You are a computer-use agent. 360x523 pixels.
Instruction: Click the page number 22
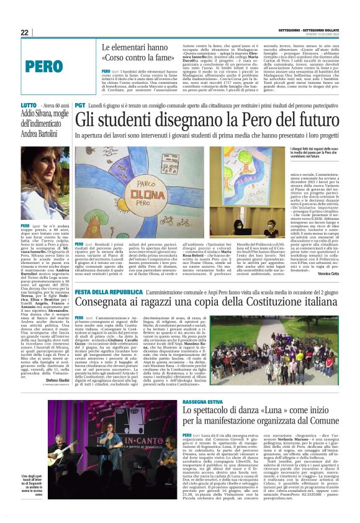tap(25, 32)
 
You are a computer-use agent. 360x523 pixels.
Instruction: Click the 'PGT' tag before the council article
tap(79, 106)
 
